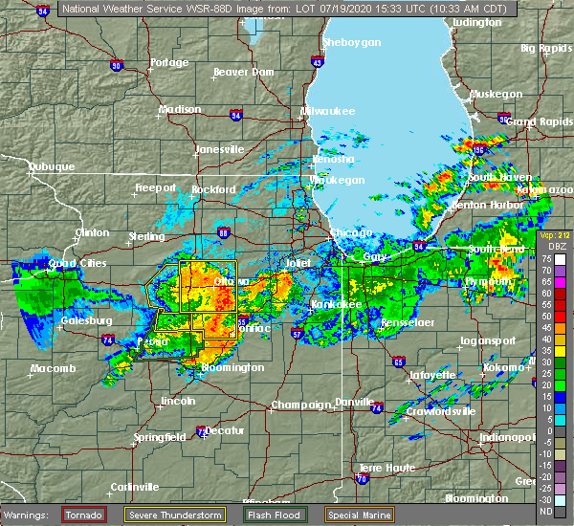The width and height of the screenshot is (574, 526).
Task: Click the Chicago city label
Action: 346,233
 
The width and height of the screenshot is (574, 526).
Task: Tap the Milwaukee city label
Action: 328,112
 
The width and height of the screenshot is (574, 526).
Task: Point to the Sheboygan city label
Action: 351,43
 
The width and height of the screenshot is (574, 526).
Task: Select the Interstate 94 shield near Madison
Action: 234,116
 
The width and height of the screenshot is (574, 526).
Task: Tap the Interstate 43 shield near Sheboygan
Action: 316,62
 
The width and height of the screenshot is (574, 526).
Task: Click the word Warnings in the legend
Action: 31,514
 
